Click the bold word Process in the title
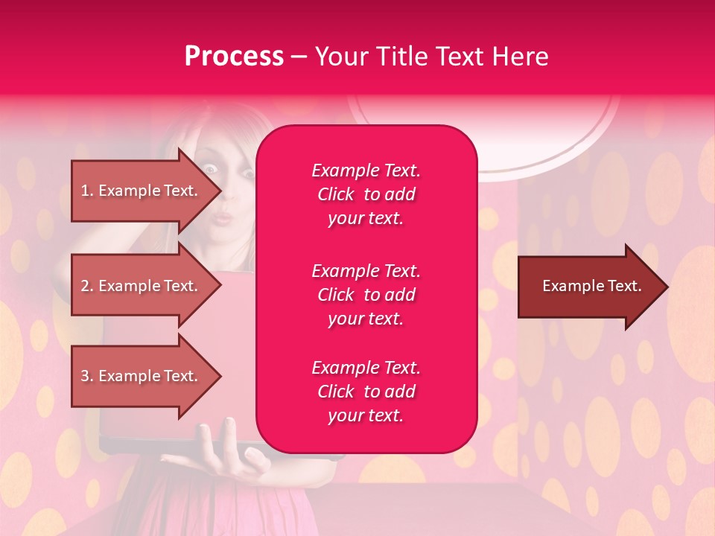[234, 57]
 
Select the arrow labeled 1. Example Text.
[142, 191]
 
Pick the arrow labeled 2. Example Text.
[142, 286]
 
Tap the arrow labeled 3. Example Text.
[142, 376]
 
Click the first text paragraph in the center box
[366, 194]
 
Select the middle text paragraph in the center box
[366, 295]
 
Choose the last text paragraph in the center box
[366, 392]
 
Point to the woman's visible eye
[212, 170]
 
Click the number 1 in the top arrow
[85, 191]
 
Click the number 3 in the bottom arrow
[85, 376]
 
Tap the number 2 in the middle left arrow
[85, 286]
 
